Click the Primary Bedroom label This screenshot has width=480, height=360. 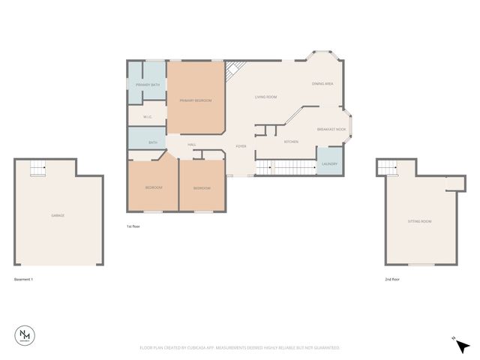click(195, 100)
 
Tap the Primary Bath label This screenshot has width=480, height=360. click(147, 85)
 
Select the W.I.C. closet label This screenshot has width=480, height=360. click(148, 117)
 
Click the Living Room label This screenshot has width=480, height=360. click(266, 97)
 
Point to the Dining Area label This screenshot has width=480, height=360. click(322, 84)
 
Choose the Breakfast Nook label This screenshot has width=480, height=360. click(331, 129)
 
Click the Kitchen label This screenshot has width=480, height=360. click(292, 141)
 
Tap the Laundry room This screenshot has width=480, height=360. click(329, 164)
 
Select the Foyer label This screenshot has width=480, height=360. click(241, 146)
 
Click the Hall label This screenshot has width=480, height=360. click(191, 144)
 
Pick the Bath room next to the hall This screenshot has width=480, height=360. click(152, 142)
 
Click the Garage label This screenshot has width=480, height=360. click(58, 215)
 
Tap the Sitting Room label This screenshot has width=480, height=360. click(419, 221)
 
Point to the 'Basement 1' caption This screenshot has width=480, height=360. click(24, 279)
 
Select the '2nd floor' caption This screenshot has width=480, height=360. click(393, 279)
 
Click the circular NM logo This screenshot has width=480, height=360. click(26, 337)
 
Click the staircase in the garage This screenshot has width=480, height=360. click(37, 169)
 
